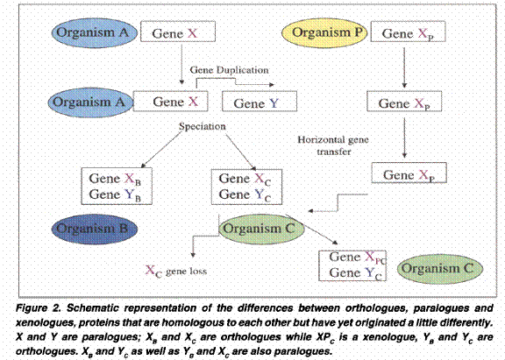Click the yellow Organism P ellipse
[324, 33]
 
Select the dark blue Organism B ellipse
[95, 229]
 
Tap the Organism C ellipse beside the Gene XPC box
[440, 269]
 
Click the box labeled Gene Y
[260, 102]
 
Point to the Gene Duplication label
[229, 70]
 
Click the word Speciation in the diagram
[203, 126]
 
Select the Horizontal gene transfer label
[333, 145]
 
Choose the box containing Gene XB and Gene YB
[117, 187]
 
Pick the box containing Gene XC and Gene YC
[246, 187]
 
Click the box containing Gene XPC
[352, 265]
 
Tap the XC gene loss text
[176, 271]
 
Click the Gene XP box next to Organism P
[408, 32]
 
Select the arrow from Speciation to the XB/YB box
[161, 150]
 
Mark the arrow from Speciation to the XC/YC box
[241, 152]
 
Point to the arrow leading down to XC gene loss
[202, 236]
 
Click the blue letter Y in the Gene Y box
[274, 103]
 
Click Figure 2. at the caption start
[39, 308]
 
